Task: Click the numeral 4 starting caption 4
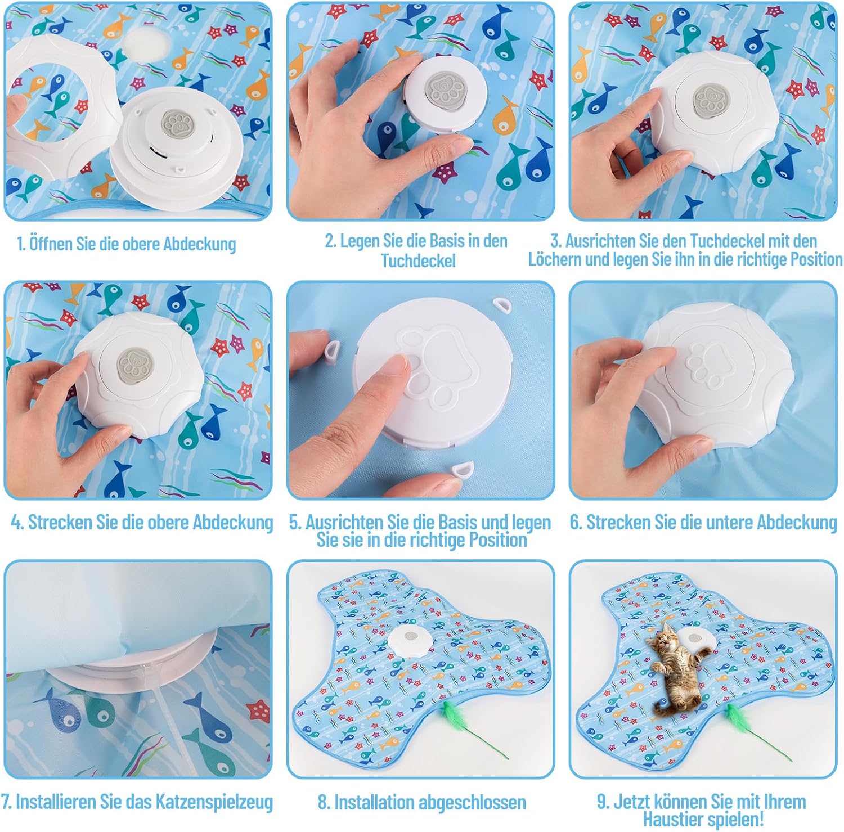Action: click(x=17, y=523)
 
